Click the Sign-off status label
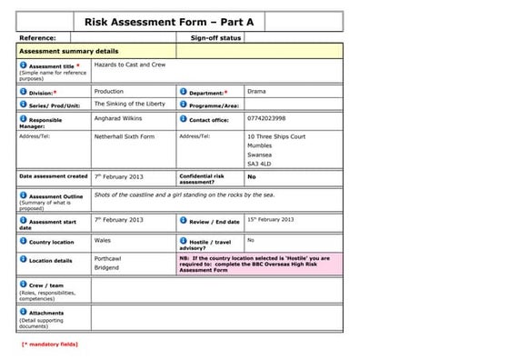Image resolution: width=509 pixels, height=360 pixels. (215, 38)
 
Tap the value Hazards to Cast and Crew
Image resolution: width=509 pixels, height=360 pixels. (130, 65)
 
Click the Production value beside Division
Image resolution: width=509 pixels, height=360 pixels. (109, 92)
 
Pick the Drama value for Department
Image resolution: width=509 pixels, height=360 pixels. (256, 92)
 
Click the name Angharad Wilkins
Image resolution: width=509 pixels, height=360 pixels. (119, 118)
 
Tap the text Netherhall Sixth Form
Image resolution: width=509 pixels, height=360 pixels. (125, 136)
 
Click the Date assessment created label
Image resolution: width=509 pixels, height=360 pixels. (54, 176)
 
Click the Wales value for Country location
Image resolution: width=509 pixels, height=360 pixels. (103, 241)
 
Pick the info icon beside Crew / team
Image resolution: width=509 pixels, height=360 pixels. (23, 285)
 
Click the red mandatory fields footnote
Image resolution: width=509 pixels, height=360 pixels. (50, 345)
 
